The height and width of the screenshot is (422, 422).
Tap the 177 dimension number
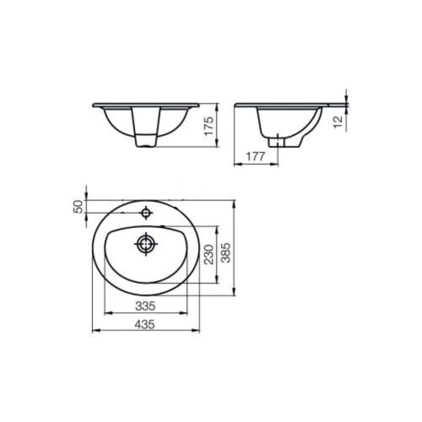[x=256, y=157]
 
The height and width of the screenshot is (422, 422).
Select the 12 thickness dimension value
[x=338, y=122]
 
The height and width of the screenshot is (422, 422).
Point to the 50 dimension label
[x=78, y=207]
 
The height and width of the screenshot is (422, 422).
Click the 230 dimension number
[x=209, y=255]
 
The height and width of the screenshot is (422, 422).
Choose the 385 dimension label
[x=225, y=253]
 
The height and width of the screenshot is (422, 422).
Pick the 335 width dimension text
[x=145, y=306]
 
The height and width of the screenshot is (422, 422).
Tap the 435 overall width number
[x=145, y=325]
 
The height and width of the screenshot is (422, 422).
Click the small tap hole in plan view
[x=146, y=213]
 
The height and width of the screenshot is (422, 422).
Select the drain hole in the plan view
[x=146, y=244]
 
